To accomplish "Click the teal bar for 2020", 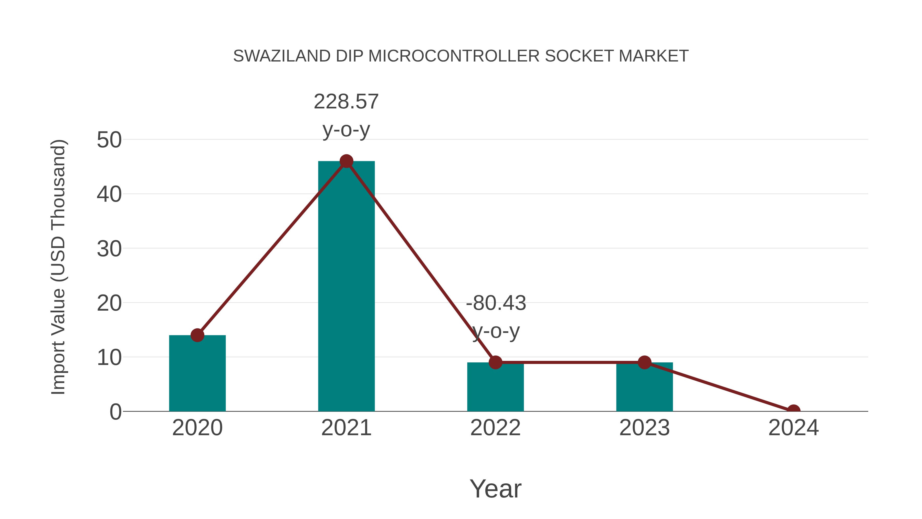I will pyautogui.click(x=197, y=374).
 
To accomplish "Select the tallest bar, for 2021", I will pyautogui.click(x=346, y=287).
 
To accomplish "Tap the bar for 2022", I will pyautogui.click(x=495, y=389).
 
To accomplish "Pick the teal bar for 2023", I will pyautogui.click(x=644, y=389).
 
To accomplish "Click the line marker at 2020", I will pyautogui.click(x=197, y=335).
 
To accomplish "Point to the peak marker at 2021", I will pyautogui.click(x=346, y=161).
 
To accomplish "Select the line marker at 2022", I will pyautogui.click(x=495, y=362).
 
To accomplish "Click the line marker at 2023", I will pyautogui.click(x=644, y=362).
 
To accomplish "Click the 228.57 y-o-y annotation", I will pyautogui.click(x=346, y=115).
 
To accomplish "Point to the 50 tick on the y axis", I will pyautogui.click(x=109, y=140).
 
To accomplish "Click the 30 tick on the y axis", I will pyautogui.click(x=109, y=249).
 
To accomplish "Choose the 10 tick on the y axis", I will pyautogui.click(x=109, y=358).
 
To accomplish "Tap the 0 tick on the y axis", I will pyautogui.click(x=116, y=412).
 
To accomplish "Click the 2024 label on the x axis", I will pyautogui.click(x=793, y=428).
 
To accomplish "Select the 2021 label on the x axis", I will pyautogui.click(x=346, y=428).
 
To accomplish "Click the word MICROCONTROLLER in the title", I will pyautogui.click(x=454, y=56).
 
